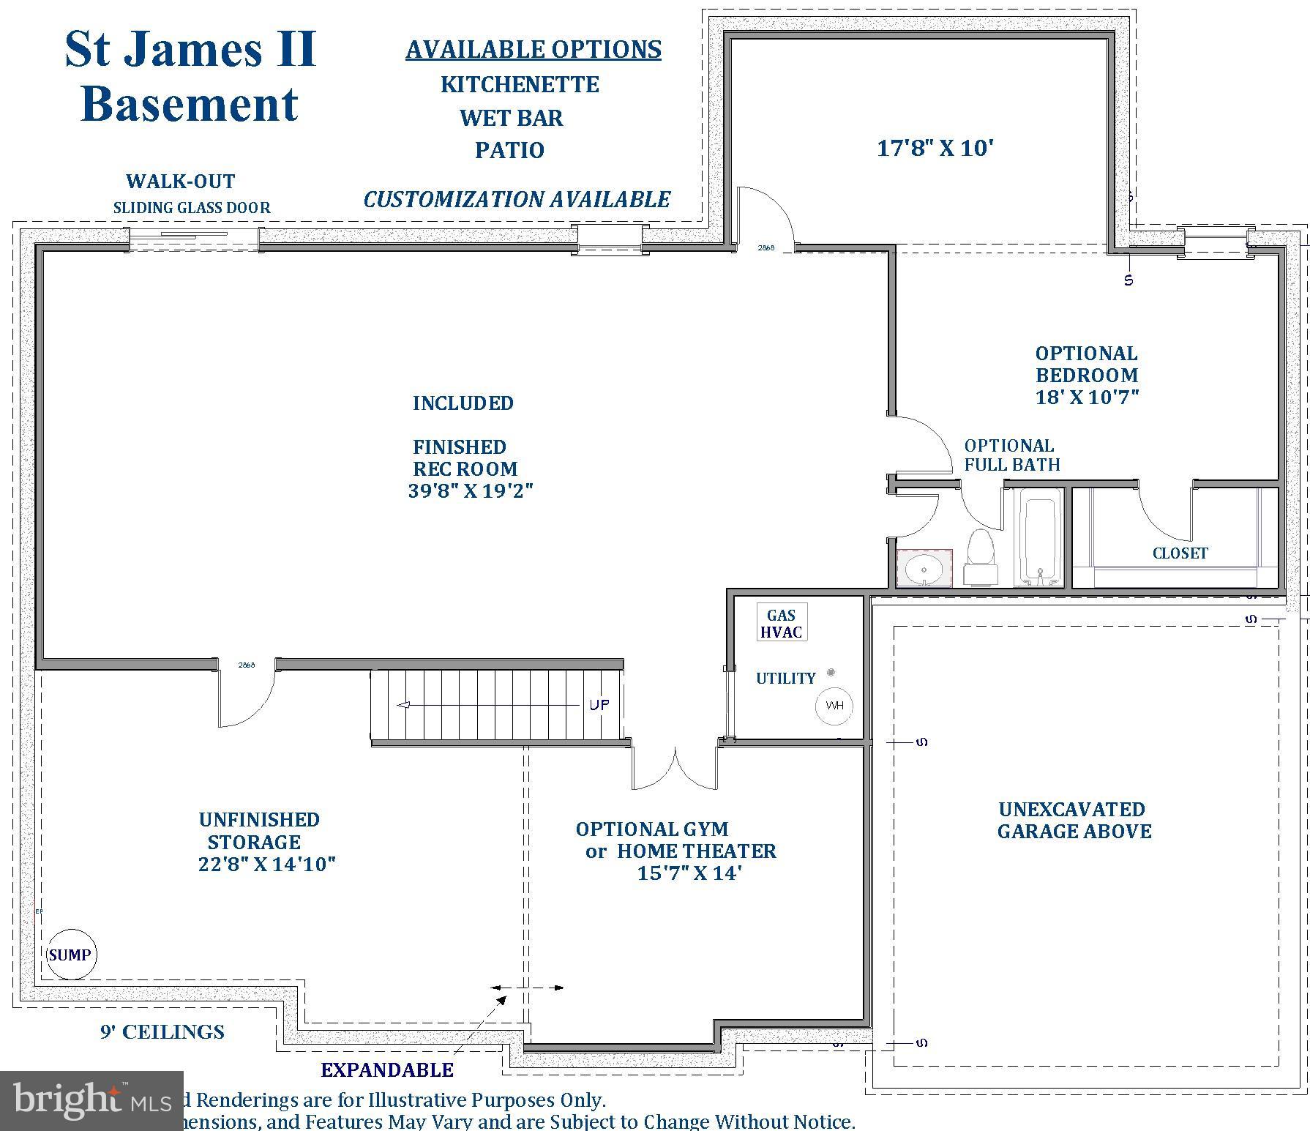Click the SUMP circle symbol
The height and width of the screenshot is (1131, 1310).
(x=71, y=955)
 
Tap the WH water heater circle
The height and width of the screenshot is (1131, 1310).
(x=834, y=706)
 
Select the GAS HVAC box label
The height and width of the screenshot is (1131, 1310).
(x=781, y=624)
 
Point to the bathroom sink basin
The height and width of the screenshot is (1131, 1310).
(x=924, y=569)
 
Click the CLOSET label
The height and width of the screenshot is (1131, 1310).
(x=1180, y=553)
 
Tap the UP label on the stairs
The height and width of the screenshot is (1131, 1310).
(x=599, y=705)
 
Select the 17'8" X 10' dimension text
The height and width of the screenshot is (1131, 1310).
(x=935, y=149)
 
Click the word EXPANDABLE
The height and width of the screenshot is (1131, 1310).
(x=387, y=1070)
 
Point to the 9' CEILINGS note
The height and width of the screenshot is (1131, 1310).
(x=162, y=1032)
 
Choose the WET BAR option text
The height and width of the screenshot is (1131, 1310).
(x=511, y=118)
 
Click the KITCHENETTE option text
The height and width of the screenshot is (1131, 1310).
(x=520, y=84)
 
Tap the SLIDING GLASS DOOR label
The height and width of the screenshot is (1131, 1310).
(x=192, y=208)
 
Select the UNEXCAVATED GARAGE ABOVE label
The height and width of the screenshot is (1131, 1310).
(x=1074, y=821)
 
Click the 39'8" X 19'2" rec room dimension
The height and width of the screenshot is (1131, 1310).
(x=471, y=491)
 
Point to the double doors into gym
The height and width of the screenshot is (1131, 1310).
(x=674, y=769)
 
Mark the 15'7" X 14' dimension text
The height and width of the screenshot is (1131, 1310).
(x=689, y=873)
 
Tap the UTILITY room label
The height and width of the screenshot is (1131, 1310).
(x=785, y=679)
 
